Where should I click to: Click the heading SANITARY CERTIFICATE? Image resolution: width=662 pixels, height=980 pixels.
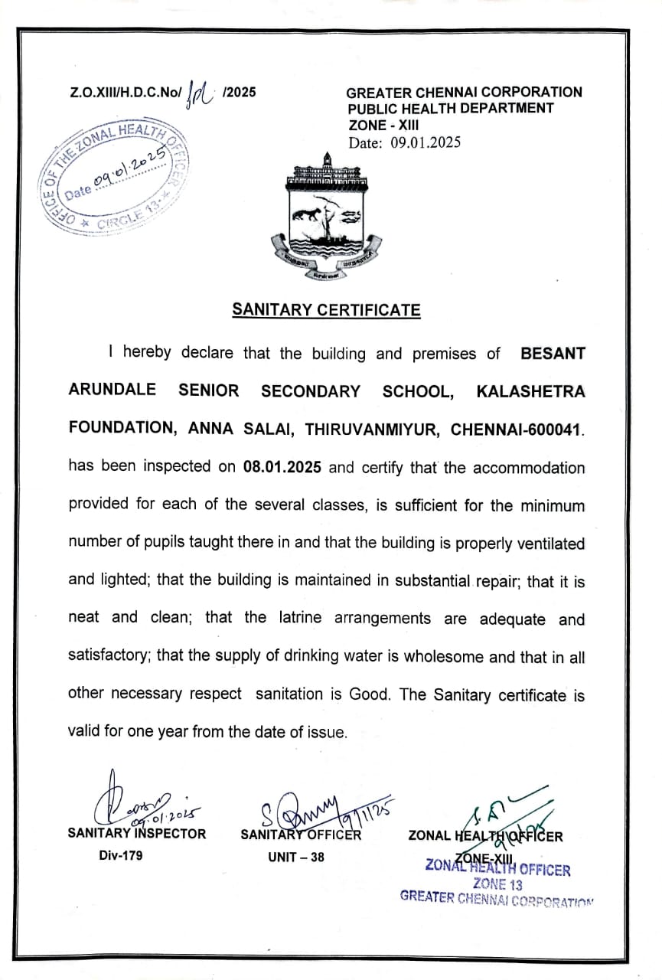click(x=326, y=310)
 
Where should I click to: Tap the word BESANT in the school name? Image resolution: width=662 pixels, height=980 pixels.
click(x=553, y=354)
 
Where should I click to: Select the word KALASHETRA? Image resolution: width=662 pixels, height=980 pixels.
click(x=530, y=391)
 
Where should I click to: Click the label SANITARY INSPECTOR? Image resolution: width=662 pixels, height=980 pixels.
click(x=137, y=834)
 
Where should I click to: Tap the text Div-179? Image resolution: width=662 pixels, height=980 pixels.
click(x=121, y=856)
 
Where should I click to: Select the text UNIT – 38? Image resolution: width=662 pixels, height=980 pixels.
click(x=295, y=857)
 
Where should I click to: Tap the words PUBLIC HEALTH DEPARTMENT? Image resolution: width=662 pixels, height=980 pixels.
click(x=450, y=108)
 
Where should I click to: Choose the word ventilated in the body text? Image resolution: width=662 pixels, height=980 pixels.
click(x=542, y=543)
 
